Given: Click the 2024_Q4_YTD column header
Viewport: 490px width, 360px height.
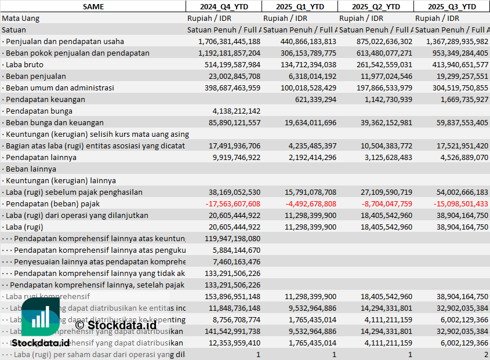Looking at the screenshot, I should [x=223, y=6].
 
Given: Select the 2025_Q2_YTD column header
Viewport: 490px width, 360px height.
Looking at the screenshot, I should [x=376, y=6].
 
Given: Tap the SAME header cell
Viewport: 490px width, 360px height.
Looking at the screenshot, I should [x=93, y=6].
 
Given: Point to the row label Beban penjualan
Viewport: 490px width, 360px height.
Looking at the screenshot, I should [x=35, y=76].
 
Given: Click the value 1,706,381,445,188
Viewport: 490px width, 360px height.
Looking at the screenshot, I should [x=229, y=41].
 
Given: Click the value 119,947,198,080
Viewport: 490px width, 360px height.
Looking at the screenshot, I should [x=233, y=238].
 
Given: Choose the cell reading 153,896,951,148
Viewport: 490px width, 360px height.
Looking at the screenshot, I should [x=233, y=296].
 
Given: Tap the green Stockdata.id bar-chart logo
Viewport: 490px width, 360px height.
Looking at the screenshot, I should [x=40, y=318].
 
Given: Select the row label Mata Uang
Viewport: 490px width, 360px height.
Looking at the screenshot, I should [x=21, y=18].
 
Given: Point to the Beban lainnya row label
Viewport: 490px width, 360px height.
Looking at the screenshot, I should [x=31, y=169].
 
